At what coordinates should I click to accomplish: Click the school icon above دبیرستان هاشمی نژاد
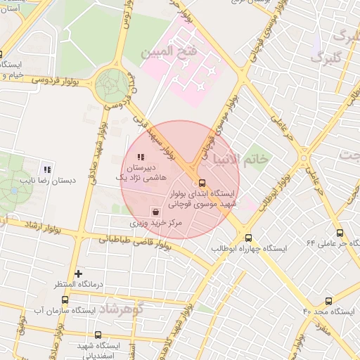141,157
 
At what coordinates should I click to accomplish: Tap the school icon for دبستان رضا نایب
47,169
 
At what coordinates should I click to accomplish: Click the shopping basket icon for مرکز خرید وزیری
155,211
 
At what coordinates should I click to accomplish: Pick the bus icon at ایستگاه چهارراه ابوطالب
248,238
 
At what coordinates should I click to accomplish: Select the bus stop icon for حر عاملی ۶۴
340,233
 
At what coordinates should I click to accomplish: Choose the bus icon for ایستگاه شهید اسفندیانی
96,336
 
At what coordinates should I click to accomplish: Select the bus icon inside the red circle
203,183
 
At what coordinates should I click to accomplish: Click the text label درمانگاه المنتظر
79,285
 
